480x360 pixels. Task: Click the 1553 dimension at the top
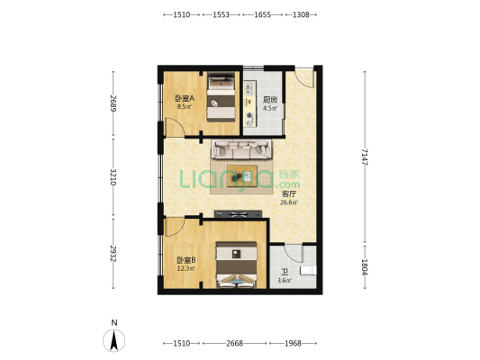pos(221,14)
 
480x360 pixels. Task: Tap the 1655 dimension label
pos(262,14)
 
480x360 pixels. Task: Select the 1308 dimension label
pos(301,14)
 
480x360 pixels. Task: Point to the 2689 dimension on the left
pos(113,103)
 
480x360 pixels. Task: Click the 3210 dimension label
pos(113,176)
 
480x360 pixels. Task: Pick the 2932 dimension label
pos(113,254)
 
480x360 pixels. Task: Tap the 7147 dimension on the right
pos(365,157)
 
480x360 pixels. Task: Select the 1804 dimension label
pos(365,266)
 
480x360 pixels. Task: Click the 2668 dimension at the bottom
pos(234,344)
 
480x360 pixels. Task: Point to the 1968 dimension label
pos(293,344)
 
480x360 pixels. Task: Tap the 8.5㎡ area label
pos(185,107)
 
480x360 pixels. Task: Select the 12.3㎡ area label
pos(186,268)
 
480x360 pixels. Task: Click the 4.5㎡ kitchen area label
pos(270,108)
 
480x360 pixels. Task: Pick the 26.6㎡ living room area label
pos(289,202)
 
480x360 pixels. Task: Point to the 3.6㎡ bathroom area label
pos(285,280)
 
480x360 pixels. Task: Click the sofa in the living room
pos(242,149)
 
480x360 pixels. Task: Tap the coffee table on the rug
pos(242,175)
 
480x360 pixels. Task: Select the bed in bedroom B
pos(236,265)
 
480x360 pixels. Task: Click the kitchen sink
pos(249,88)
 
